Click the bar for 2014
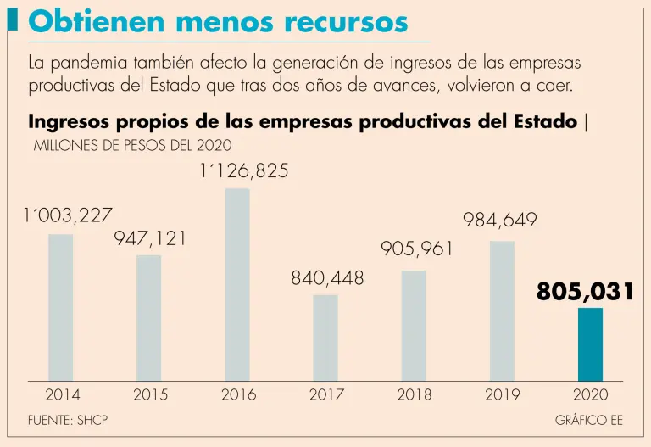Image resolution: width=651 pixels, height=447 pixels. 61,307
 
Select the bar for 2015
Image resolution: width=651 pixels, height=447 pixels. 149,317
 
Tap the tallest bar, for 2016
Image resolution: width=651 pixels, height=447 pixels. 237,284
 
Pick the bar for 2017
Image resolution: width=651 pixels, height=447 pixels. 325,338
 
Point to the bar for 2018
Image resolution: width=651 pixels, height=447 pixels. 414,326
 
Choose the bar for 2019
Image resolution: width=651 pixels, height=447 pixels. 502,311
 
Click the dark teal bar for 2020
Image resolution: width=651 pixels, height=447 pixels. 590,344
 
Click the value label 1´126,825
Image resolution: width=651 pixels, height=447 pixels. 244,171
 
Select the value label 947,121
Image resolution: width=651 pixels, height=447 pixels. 151,239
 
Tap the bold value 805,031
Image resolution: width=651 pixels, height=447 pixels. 586,293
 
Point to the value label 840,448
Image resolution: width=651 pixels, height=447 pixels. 327,278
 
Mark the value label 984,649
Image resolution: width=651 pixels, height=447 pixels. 500,221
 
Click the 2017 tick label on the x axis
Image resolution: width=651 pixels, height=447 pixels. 326,394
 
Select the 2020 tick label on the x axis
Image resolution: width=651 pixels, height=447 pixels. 591,394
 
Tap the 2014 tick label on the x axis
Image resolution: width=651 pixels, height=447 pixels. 62,394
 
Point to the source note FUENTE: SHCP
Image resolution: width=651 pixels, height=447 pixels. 69,420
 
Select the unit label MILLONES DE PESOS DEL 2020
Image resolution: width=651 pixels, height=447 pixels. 132,145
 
